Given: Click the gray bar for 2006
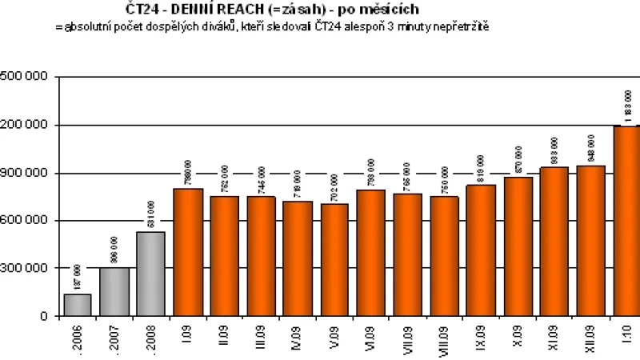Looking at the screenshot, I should coord(78,305).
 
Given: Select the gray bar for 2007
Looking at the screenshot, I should coord(114,291).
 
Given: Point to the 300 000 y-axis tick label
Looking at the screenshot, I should coord(24,269).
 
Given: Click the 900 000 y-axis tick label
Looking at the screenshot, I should coord(24,173).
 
